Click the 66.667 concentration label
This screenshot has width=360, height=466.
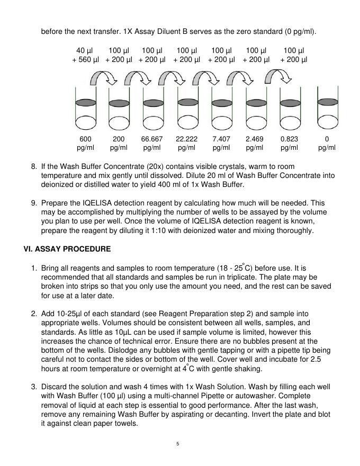[x=152, y=139]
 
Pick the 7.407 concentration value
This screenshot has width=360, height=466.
[x=221, y=139]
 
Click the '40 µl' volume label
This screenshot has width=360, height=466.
[x=85, y=51]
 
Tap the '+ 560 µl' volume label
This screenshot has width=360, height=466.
[x=85, y=60]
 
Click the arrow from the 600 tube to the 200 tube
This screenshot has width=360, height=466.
[x=103, y=80]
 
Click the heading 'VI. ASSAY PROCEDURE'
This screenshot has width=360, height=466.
[x=67, y=248]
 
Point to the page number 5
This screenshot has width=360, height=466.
[x=178, y=444]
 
